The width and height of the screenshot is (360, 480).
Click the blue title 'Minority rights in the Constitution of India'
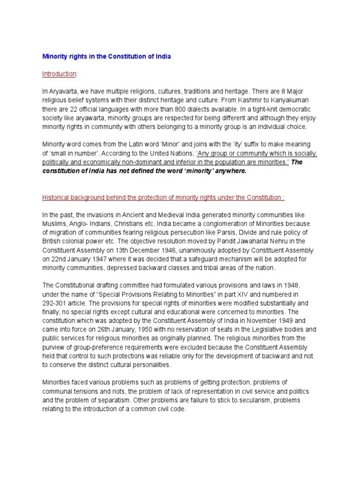pos(107,57)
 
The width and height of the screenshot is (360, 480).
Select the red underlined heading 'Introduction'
pos(59,74)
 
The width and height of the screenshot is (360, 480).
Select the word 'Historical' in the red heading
pos(56,197)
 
